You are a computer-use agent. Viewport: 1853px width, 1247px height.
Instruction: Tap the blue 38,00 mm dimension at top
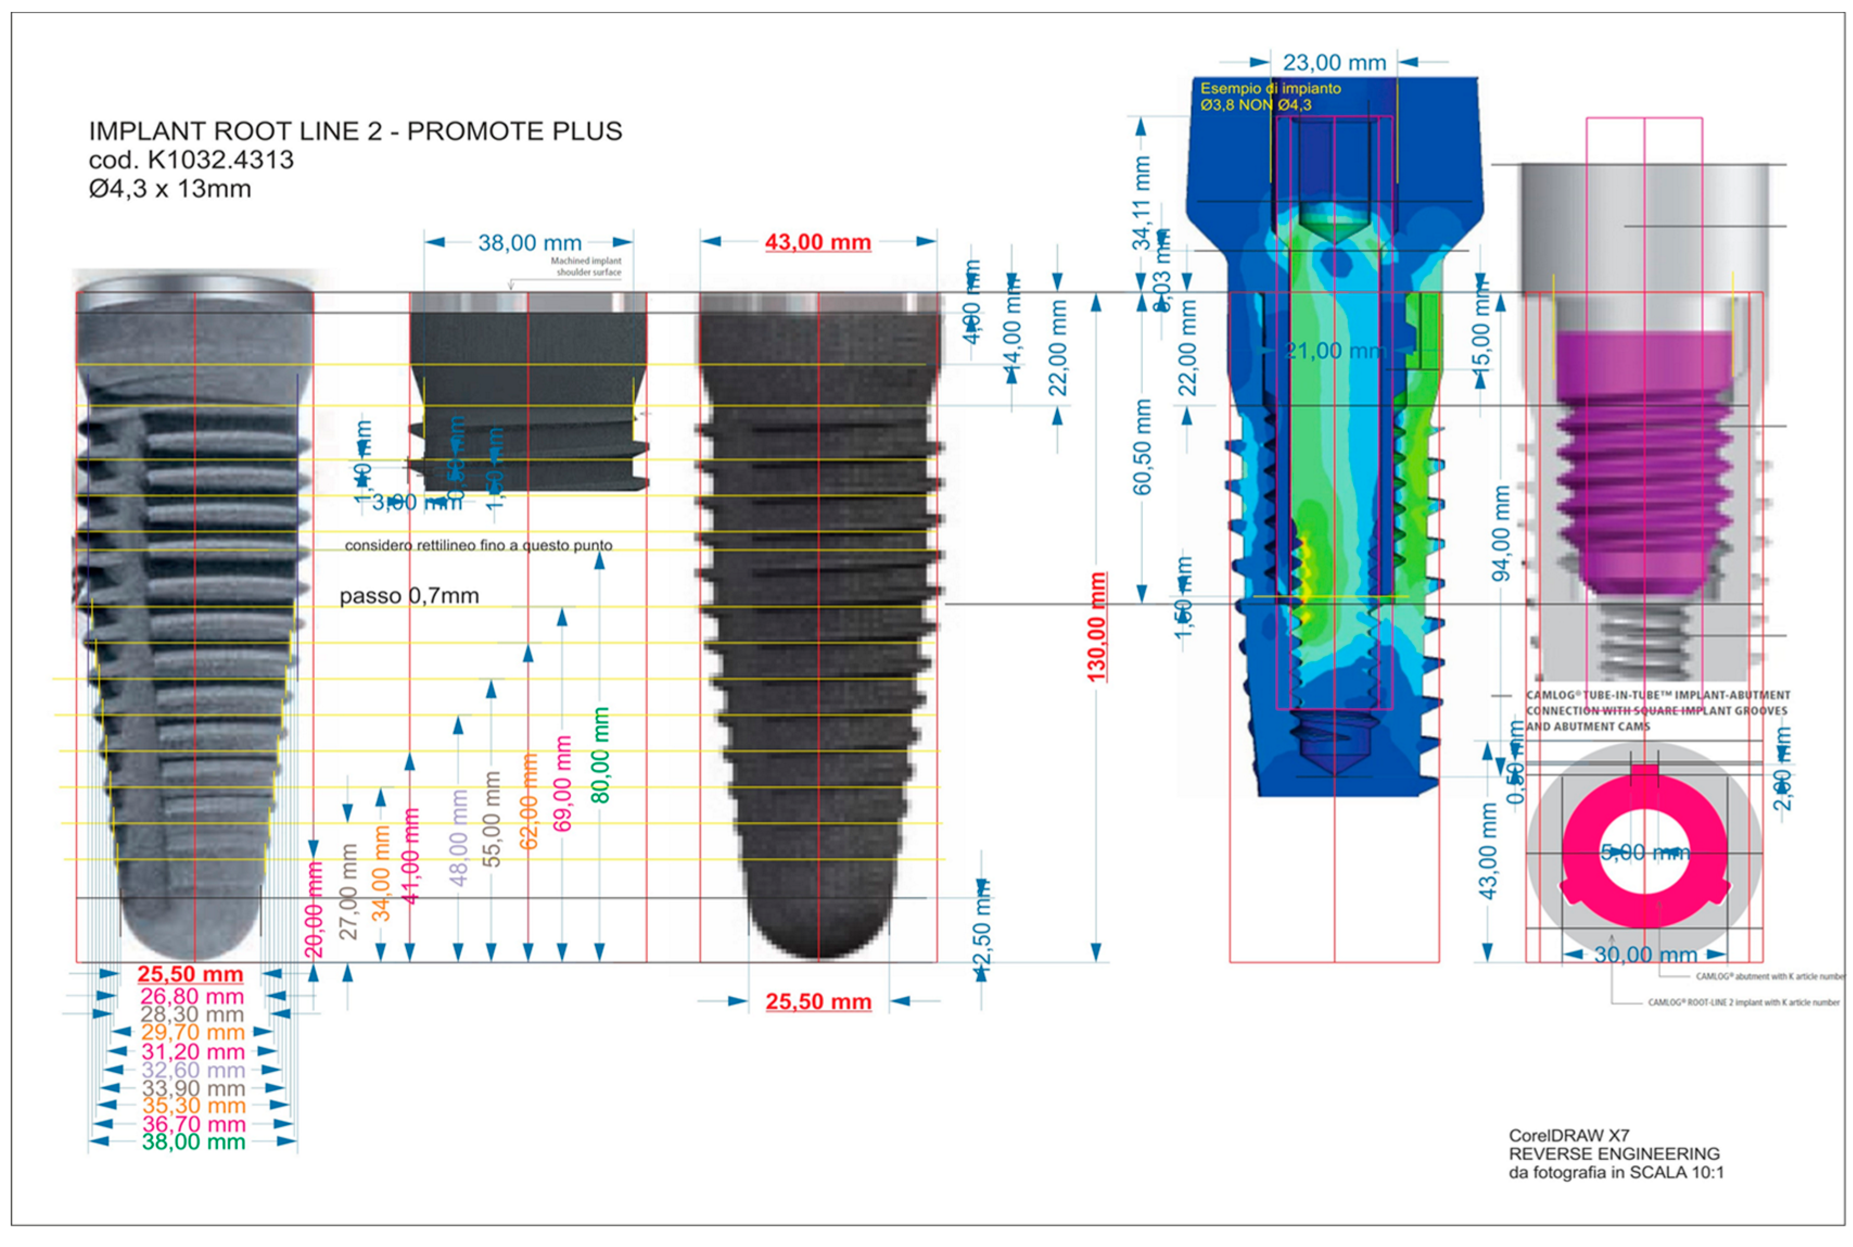coord(530,243)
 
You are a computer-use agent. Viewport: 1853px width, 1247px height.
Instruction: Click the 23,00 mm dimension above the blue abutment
coord(1334,62)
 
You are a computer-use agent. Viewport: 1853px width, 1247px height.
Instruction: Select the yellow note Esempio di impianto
coord(1270,89)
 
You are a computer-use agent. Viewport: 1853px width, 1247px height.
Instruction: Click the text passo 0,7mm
coord(409,596)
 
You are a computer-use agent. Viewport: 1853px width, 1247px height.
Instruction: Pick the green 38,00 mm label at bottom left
coord(193,1142)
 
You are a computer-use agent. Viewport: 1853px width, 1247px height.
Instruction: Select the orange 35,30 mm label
coord(193,1105)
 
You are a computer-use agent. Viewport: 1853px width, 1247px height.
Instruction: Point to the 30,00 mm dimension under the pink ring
coord(1644,954)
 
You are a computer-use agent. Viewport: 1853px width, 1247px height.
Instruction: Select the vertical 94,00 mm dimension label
coord(1500,533)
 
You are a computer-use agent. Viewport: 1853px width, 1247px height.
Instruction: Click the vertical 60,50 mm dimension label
coord(1142,446)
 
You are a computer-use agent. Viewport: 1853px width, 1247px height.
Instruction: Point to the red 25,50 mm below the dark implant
coord(818,1001)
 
